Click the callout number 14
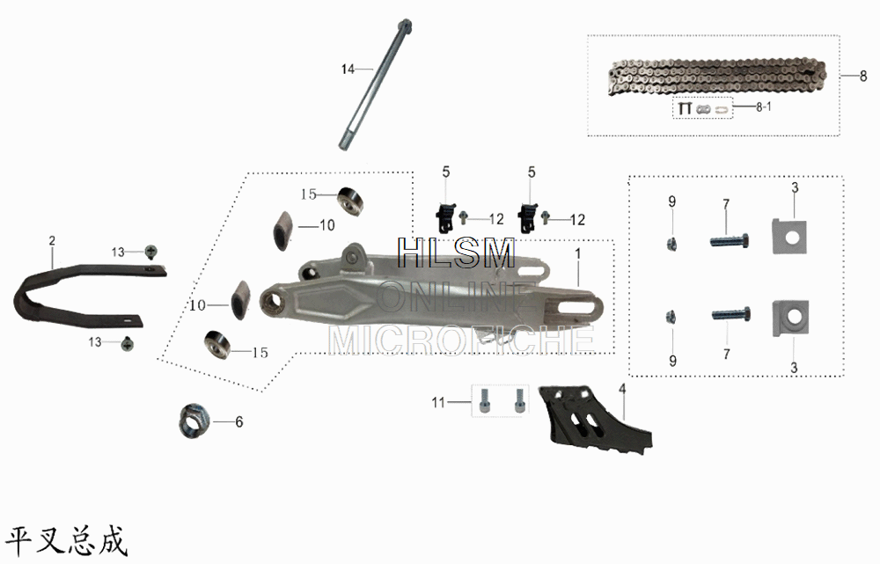(348, 68)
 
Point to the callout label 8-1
(765, 106)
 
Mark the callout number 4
(622, 388)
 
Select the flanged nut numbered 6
(194, 421)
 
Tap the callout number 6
(238, 422)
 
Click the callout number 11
(439, 402)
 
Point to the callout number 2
(52, 240)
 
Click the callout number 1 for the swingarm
(578, 254)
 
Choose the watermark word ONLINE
(454, 297)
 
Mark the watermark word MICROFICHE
(461, 339)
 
